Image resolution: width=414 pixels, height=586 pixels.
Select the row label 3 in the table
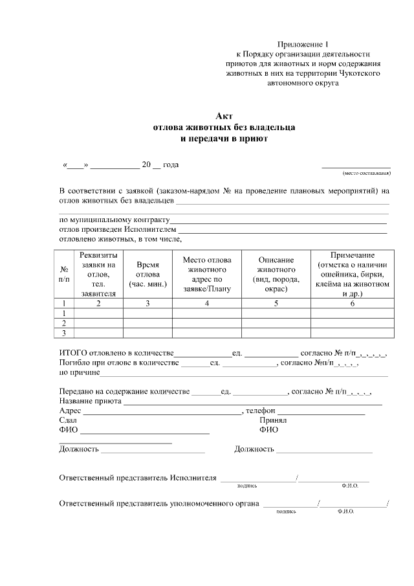point(64,333)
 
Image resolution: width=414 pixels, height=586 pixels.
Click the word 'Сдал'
point(68,420)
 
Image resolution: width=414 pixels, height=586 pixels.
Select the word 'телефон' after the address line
point(261,411)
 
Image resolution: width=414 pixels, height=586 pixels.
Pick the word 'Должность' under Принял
point(254,448)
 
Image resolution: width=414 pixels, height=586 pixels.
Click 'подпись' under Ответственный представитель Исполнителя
point(248,485)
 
